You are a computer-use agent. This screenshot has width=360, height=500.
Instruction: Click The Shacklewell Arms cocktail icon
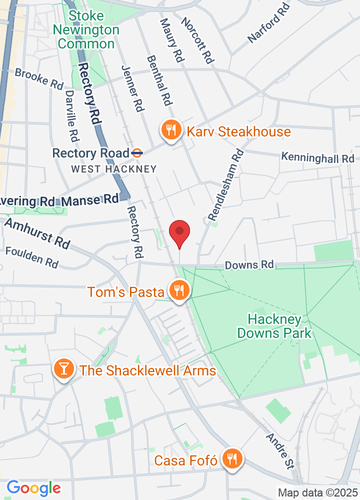[64, 369]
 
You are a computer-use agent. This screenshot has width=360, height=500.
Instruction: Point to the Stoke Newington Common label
[86, 30]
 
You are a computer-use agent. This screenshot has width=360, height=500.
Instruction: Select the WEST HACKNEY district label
[114, 169]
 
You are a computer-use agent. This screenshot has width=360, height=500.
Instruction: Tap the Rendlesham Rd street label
[225, 185]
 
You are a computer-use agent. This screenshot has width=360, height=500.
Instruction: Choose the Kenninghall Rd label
[317, 157]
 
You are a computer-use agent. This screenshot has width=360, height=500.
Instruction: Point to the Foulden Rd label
[31, 256]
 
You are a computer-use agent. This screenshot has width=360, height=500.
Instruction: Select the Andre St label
[279, 451]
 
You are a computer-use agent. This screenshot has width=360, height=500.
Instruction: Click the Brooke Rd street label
[39, 79]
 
